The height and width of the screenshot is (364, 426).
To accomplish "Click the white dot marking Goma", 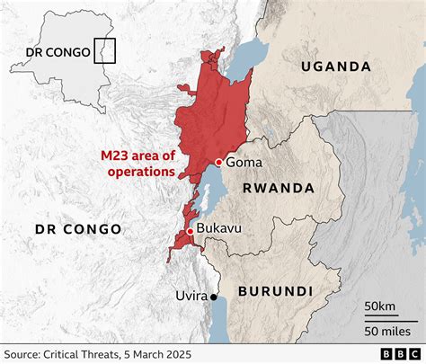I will point(217,162).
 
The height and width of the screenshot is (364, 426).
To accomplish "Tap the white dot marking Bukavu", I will point(190,232).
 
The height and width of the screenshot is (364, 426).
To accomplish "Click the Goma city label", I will point(243,163).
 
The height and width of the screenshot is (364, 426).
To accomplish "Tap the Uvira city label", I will point(191,296).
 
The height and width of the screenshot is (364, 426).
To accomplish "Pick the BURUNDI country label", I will point(275,291).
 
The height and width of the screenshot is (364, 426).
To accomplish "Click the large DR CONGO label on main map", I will point(78,229).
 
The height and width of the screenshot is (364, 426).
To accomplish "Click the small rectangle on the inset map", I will point(106,50).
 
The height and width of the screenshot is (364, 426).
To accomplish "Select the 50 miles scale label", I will point(384,333).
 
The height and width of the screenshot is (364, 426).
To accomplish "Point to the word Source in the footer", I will point(25,353).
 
